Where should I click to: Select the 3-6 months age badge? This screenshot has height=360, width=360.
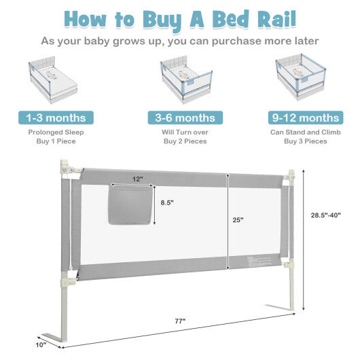(x=179, y=118)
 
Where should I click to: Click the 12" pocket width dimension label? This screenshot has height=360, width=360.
(x=139, y=179)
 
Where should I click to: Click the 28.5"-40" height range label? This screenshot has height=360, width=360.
(x=321, y=215)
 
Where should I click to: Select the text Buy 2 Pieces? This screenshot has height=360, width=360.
(x=179, y=142)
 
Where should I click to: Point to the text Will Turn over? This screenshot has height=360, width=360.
(x=179, y=132)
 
